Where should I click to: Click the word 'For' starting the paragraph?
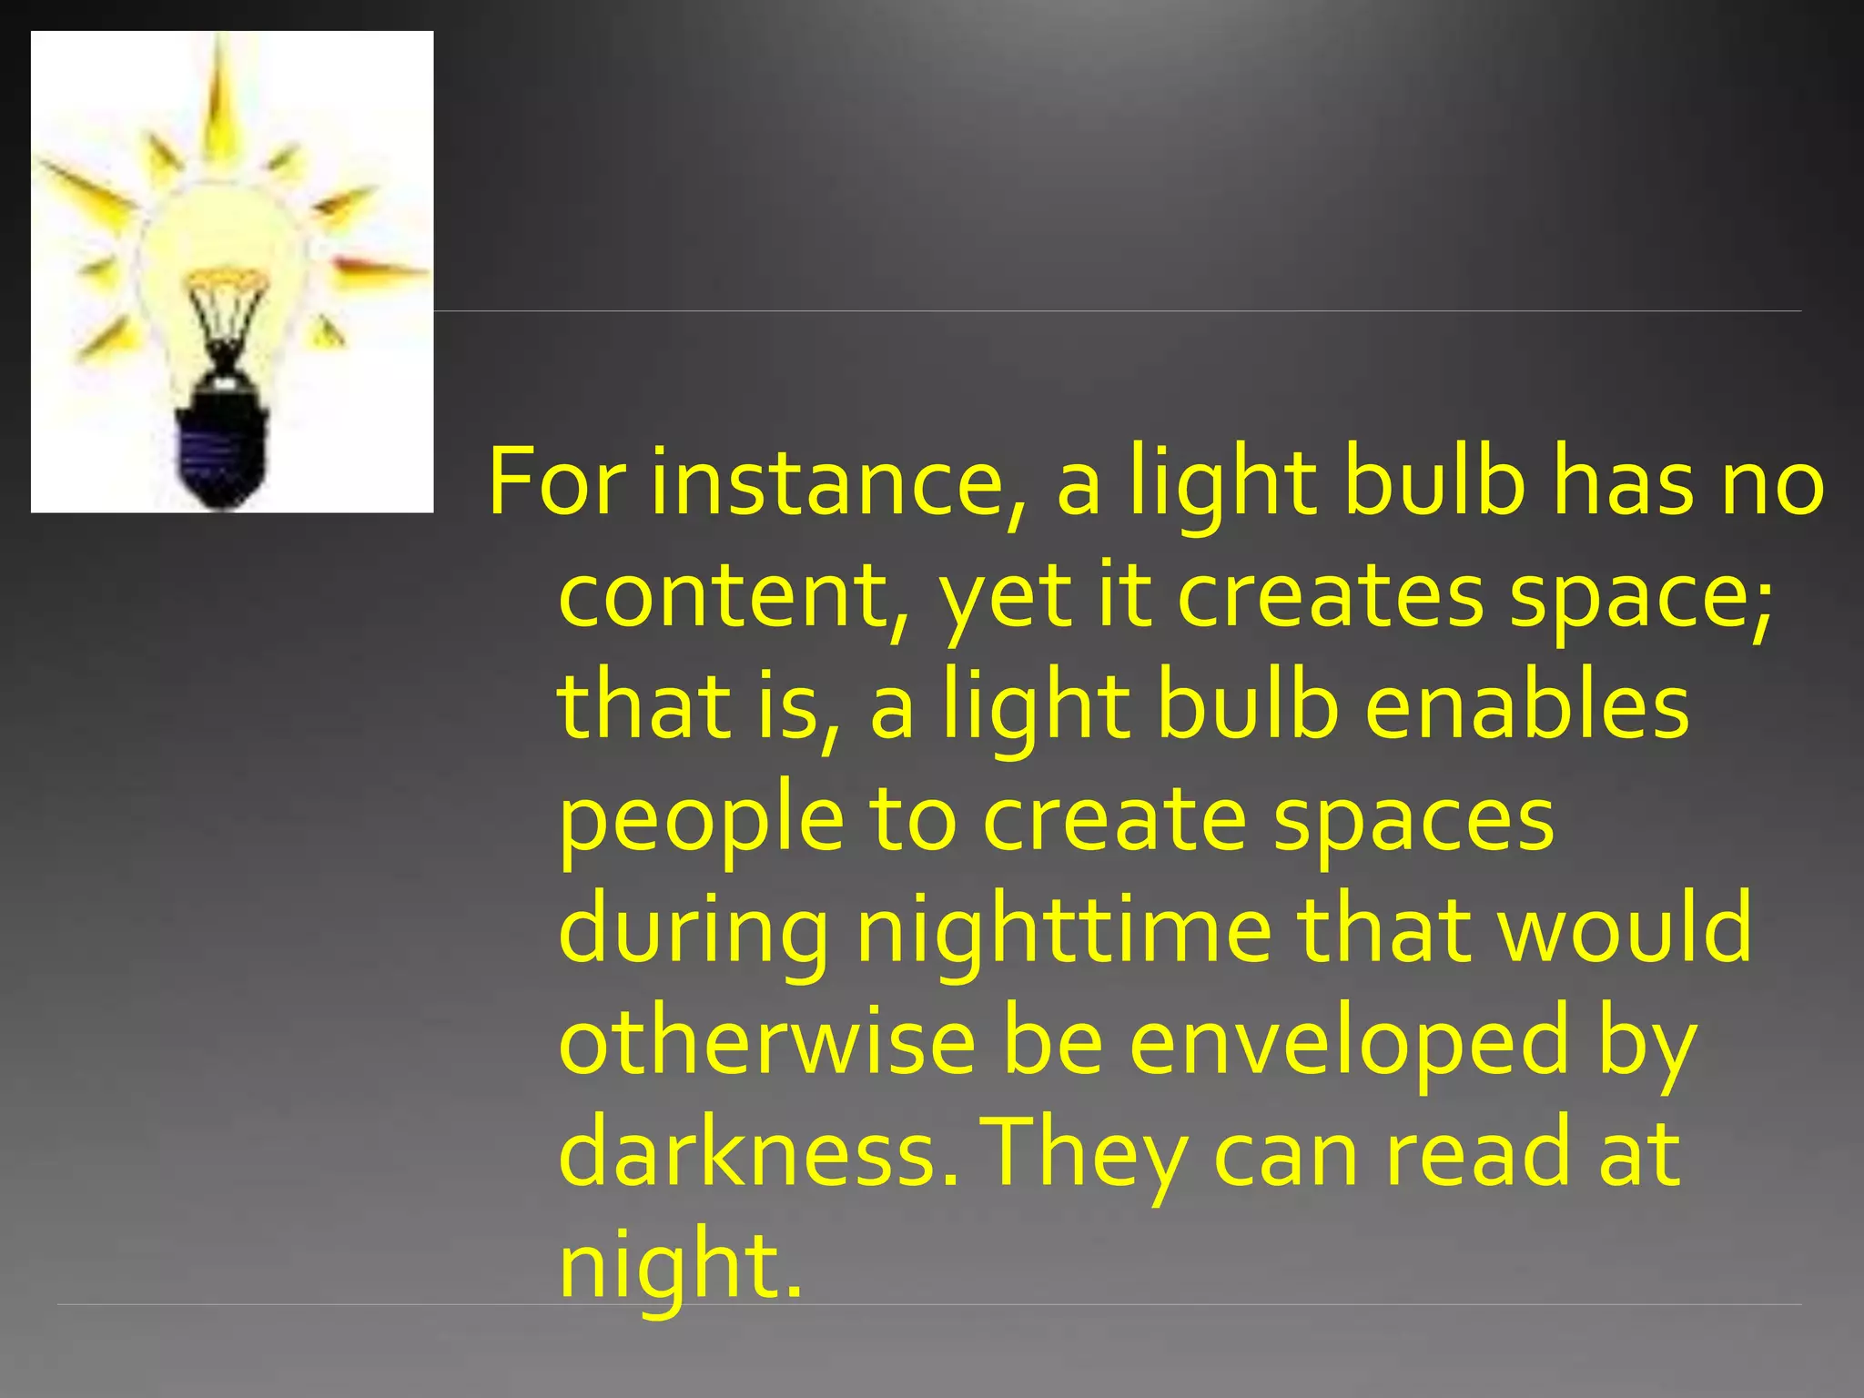(x=556, y=482)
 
